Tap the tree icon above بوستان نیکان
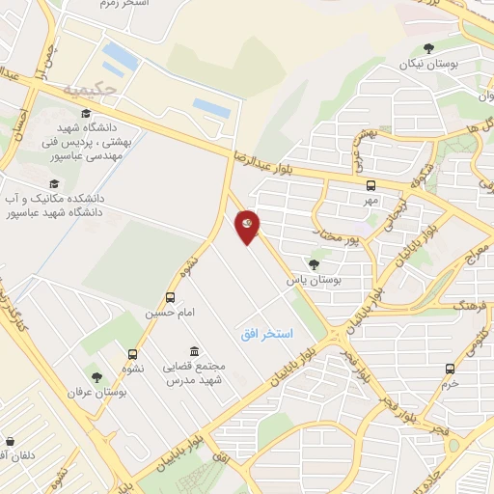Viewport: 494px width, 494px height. point(429,48)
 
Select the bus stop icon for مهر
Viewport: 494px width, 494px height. point(371,185)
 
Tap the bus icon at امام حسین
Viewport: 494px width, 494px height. point(171,298)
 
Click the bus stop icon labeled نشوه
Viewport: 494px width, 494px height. point(132,353)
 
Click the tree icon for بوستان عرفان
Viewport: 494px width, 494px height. point(96,376)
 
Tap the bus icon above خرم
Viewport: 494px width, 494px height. point(450,368)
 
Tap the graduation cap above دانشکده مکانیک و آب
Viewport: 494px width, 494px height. point(54,182)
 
